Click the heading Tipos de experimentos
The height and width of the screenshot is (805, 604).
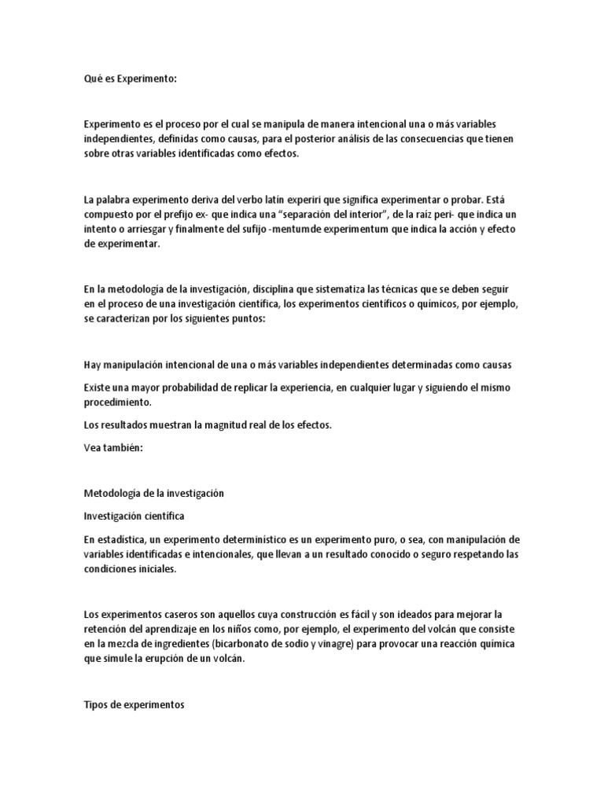133,705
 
